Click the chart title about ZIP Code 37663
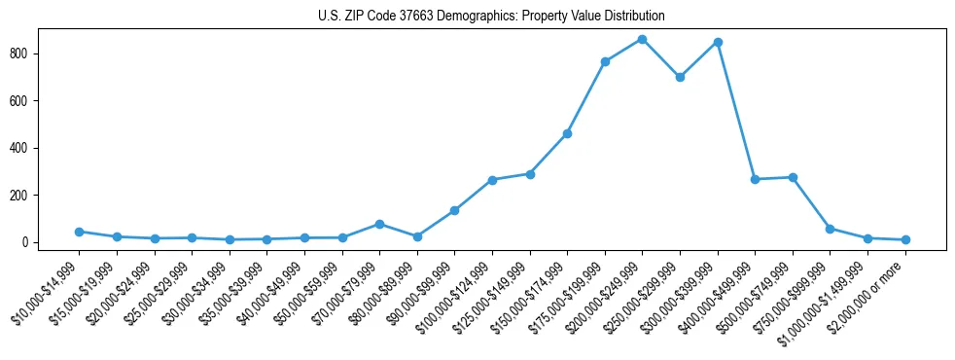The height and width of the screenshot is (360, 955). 491,16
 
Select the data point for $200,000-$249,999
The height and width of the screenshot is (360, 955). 642,39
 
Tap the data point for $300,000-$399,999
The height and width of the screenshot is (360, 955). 718,42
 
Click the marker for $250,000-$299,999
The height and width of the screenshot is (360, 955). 680,77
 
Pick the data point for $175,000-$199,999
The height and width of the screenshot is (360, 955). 605,61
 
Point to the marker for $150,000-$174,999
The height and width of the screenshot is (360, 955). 567,133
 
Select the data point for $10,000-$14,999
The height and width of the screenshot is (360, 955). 79,232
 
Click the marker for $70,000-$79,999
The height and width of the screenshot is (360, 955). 379,224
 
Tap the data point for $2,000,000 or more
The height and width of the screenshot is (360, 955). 905,239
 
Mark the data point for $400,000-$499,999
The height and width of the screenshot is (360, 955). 755,179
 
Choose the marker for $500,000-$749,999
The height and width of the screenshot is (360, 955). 793,177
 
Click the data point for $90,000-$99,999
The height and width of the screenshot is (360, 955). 454,210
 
